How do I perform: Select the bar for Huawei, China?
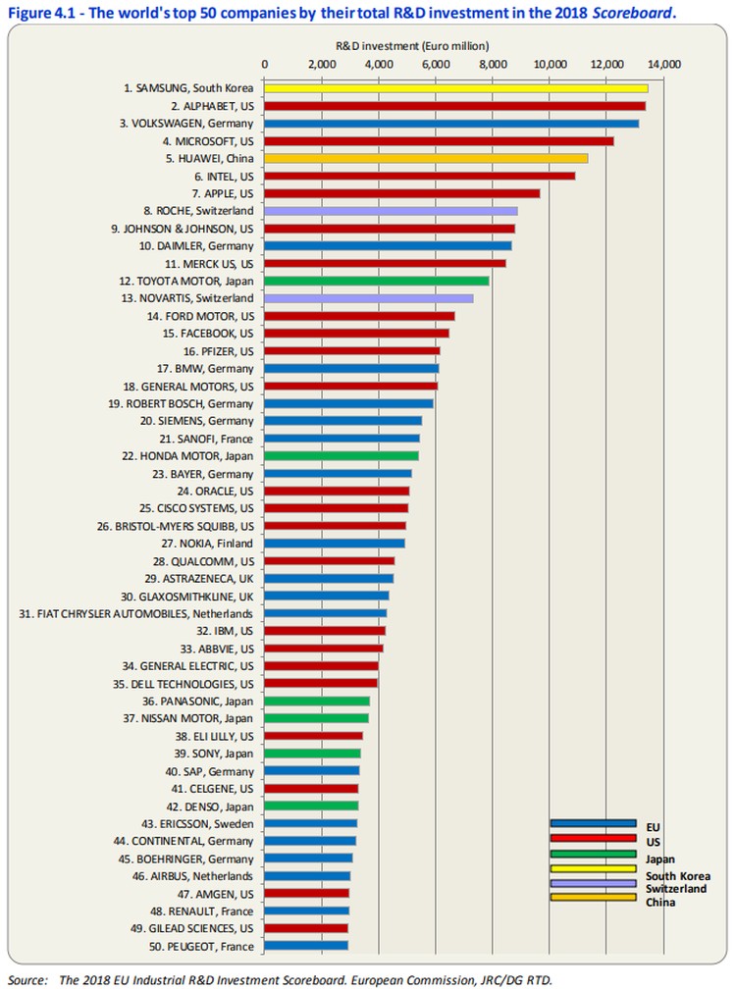426,158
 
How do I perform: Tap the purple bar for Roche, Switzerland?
391,210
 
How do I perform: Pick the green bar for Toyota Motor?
376,281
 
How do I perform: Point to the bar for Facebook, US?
356,333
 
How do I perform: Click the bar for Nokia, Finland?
334,543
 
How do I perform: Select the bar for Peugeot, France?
305,946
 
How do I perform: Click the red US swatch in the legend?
593,839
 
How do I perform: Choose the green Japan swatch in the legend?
593,854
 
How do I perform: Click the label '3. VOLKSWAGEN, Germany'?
186,124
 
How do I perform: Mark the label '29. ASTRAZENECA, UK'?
196,578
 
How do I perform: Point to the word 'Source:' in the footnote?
27,978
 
